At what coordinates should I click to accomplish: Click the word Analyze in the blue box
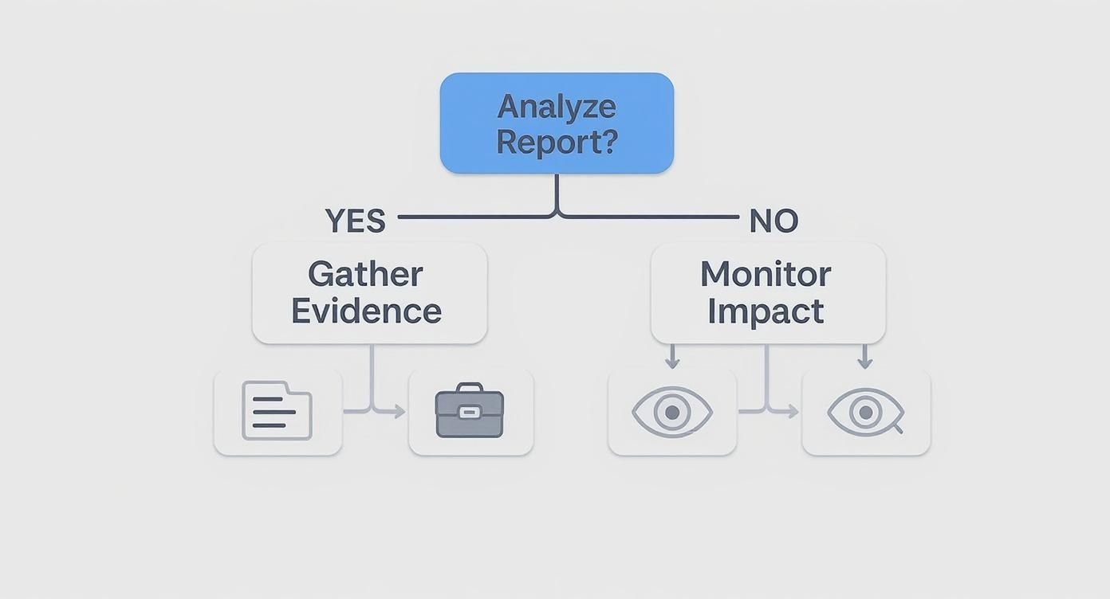coord(557,107)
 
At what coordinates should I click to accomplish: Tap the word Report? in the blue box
coord(557,142)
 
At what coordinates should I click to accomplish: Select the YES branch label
coord(355,221)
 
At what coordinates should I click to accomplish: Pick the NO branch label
coord(773,221)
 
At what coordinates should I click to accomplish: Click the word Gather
coord(365,275)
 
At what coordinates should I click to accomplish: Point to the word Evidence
coord(366,311)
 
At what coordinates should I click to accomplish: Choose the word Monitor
coord(766,275)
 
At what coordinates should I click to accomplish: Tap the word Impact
coord(766,311)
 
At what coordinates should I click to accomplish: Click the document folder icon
coord(277,411)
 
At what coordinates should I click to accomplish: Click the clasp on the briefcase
coord(470,412)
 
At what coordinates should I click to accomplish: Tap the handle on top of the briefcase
coord(470,388)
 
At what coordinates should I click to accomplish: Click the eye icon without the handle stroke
coord(671,412)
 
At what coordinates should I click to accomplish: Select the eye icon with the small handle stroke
coord(865,412)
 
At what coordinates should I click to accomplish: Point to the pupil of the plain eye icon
coord(671,412)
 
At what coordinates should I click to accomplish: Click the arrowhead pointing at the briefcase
coord(400,412)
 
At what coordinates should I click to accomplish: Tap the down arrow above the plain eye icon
coord(672,363)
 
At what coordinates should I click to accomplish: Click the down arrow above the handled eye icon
coord(865,363)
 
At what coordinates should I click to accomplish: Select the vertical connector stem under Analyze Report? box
coord(557,193)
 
